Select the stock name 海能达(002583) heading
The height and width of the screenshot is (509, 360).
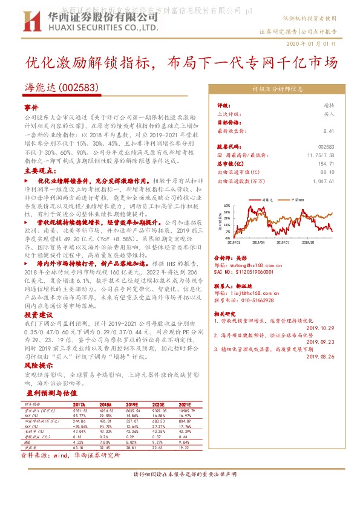pos(62,87)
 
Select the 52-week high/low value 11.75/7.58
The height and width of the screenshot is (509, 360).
pos(321,155)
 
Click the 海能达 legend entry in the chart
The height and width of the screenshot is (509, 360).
pos(269,199)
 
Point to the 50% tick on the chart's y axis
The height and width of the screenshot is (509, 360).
pos(227,206)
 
